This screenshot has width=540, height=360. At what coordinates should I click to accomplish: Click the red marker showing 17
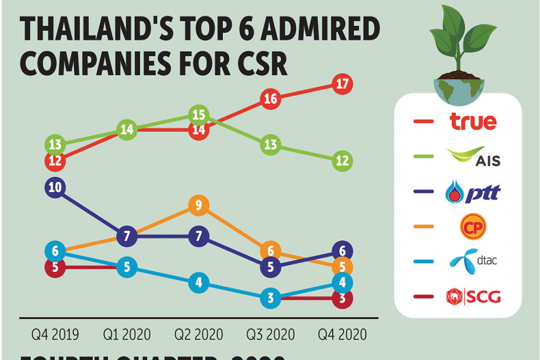pos(343,83)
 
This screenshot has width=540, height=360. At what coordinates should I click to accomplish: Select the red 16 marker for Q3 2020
pos(270,98)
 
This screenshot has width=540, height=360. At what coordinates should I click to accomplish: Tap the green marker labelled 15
pos(198,114)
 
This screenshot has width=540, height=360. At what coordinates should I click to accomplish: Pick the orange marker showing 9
pos(198,204)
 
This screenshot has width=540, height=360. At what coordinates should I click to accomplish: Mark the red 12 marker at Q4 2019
pos(55,161)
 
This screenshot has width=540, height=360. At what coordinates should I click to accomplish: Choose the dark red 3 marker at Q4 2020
pos(343,298)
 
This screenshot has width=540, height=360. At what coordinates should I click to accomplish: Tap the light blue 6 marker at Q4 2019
pos(55,251)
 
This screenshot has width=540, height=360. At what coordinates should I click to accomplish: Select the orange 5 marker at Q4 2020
pos(343,266)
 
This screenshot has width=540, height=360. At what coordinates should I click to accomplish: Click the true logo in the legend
pos(473,122)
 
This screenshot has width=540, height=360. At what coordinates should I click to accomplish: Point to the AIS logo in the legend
pos(473,158)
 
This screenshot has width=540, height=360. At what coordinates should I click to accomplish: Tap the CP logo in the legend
pos(473,226)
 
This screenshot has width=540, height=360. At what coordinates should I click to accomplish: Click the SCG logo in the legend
pos(473,296)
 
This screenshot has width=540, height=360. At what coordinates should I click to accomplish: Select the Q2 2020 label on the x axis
pos(198,335)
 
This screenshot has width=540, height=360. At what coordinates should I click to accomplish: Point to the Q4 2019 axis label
pos(55,335)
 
